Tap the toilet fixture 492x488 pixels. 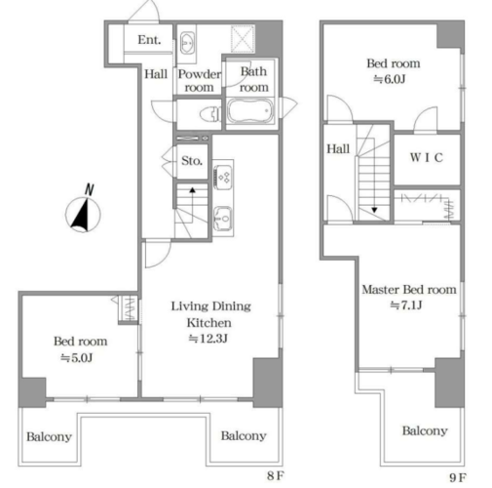[210, 114]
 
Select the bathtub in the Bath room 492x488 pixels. [249, 111]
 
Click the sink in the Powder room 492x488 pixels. [187, 43]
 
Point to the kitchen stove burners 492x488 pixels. [223, 177]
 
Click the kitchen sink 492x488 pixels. [222, 218]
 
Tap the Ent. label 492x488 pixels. [149, 40]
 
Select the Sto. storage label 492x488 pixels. [192, 161]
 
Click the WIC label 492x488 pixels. [427, 158]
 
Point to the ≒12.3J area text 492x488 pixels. [208, 339]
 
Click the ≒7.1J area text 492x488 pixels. [406, 305]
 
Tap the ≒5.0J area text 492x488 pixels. [77, 358]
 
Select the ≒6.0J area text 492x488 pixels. [390, 79]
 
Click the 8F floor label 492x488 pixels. [276, 476]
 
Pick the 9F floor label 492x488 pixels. [458, 477]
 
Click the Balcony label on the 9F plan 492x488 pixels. [425, 430]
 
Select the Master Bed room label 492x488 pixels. [409, 289]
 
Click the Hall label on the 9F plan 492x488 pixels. [338, 149]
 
